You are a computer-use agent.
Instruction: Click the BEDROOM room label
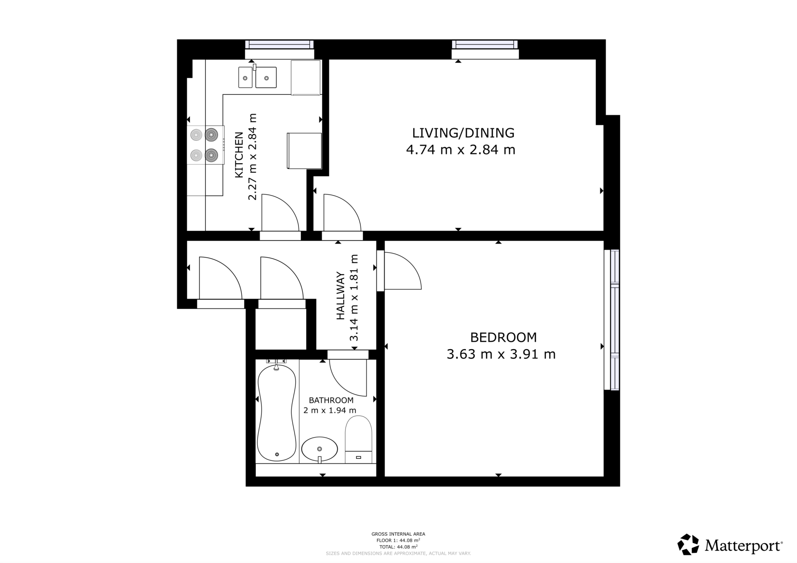503,337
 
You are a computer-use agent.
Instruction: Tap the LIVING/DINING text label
463,133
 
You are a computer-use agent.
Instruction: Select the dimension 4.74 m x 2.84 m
460,150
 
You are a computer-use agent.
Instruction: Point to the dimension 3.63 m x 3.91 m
501,354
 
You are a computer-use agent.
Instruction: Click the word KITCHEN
239,155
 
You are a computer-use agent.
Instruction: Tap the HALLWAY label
341,296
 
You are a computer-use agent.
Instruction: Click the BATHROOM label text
331,400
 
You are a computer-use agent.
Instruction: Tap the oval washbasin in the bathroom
320,449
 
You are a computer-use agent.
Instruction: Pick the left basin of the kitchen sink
245,77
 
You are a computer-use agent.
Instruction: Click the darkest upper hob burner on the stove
211,135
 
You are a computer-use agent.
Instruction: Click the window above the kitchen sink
279,44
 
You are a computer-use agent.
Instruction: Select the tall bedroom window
614,320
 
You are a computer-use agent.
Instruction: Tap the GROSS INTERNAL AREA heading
398,534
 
